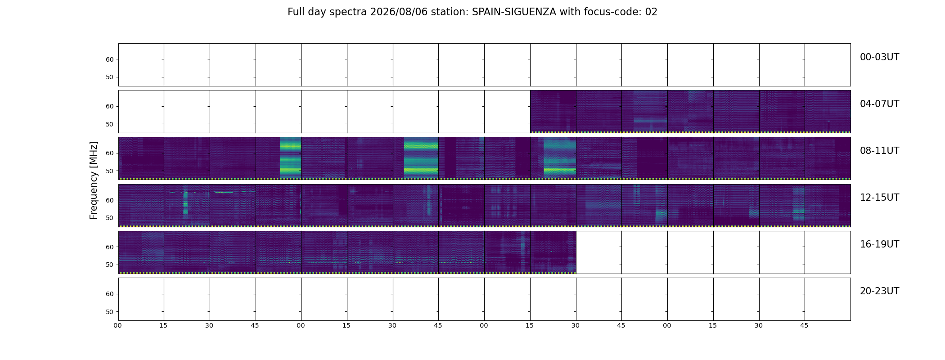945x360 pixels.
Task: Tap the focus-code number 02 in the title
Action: pos(651,12)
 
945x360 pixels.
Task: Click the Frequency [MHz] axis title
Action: pos(94,180)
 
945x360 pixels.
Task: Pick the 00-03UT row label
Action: pos(879,57)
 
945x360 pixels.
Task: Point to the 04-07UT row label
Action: pos(879,104)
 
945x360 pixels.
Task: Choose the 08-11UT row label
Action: pos(879,151)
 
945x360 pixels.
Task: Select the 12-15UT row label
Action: pos(879,198)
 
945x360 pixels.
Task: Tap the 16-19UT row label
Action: pos(879,244)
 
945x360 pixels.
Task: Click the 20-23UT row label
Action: pos(879,291)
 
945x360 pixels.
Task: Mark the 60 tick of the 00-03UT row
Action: pos(109,59)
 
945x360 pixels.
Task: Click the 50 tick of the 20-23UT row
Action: pos(109,312)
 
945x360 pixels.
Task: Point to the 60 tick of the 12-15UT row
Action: pos(109,200)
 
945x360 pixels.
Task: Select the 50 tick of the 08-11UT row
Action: pos(109,171)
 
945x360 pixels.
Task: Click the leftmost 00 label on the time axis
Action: pos(117,326)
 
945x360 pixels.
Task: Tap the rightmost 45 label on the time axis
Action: pos(804,326)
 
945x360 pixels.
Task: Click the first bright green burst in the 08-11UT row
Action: pos(290,157)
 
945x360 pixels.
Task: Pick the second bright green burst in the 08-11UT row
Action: pos(421,157)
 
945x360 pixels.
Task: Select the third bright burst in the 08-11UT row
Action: pos(560,157)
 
